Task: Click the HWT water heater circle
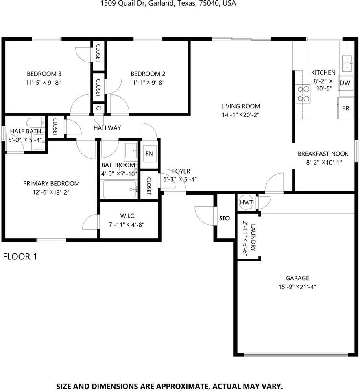pyautogui.click(x=246, y=202)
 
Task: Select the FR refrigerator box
pyautogui.click(x=345, y=108)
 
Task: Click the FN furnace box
pyautogui.click(x=149, y=153)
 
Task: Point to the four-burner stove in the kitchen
pyautogui.click(x=303, y=94)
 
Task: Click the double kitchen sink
pyautogui.click(x=347, y=64)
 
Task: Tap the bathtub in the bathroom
pyautogui.click(x=120, y=189)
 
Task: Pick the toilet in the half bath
pyautogui.click(x=36, y=123)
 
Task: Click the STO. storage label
pyautogui.click(x=225, y=218)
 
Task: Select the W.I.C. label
pyautogui.click(x=128, y=216)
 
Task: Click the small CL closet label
pyautogui.click(x=99, y=108)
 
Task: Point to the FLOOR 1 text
pyautogui.click(x=20, y=257)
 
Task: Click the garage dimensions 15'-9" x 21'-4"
pyautogui.click(x=297, y=287)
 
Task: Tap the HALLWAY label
pyautogui.click(x=107, y=128)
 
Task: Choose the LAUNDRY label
pyautogui.click(x=253, y=237)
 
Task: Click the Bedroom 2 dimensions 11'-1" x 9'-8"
pyautogui.click(x=147, y=83)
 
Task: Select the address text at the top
pyautogui.click(x=168, y=4)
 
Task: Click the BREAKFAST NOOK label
pyautogui.click(x=323, y=154)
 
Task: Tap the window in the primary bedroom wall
pyautogui.click(x=51, y=240)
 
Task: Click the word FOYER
pyautogui.click(x=181, y=171)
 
